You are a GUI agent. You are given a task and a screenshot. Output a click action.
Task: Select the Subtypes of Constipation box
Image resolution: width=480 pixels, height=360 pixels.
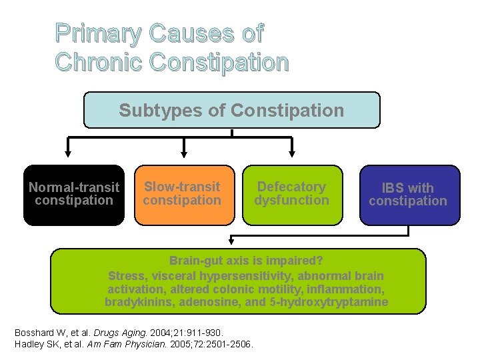[231, 110]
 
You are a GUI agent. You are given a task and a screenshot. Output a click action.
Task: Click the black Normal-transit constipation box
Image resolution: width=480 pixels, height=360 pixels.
[74, 195]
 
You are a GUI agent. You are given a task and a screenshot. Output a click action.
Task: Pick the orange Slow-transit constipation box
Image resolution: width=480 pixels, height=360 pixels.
[182, 195]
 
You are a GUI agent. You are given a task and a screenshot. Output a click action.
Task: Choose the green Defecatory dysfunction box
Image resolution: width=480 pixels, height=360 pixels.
[292, 195]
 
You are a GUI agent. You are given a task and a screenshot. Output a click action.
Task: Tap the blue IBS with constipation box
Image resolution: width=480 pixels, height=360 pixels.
[408, 195]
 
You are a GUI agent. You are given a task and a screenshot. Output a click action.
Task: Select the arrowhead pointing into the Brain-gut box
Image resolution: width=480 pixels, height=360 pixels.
[231, 241]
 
